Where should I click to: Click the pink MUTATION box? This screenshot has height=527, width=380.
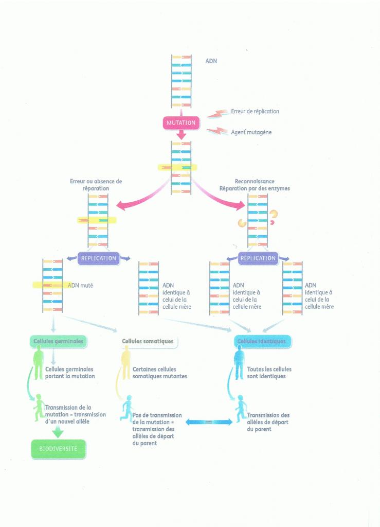(x=181, y=123)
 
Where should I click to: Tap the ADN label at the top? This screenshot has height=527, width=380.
(x=211, y=61)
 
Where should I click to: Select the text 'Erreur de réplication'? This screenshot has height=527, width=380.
(x=255, y=111)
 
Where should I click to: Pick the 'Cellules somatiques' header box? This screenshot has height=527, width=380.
(x=147, y=341)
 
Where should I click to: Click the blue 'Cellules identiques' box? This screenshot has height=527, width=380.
(x=262, y=341)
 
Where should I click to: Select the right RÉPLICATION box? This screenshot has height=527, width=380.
(x=258, y=258)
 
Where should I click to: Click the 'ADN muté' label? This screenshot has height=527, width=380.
(x=80, y=285)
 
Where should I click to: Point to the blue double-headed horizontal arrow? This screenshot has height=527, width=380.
(x=207, y=422)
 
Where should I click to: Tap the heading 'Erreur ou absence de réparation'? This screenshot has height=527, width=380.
(x=96, y=185)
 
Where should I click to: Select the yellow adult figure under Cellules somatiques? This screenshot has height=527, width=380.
(x=125, y=363)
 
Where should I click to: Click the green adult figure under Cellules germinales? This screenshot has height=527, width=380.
(x=38, y=363)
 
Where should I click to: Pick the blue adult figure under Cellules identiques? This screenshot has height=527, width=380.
(x=239, y=363)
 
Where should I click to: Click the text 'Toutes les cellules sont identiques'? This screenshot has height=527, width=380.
(x=273, y=373)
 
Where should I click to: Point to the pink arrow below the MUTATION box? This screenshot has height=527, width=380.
(x=181, y=134)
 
